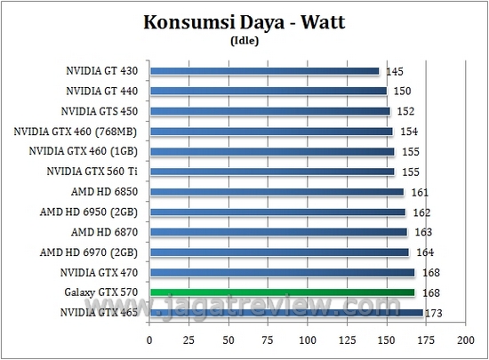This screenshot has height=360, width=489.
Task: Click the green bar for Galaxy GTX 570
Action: tap(283, 292)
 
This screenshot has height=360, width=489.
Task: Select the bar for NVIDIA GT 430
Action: tap(265, 70)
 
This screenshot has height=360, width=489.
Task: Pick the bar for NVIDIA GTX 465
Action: tap(286, 312)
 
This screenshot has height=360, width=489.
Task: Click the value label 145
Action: tap(394, 71)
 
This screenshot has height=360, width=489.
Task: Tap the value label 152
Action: tap(405, 111)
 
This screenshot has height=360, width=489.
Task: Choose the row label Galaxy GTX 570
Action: tap(104, 292)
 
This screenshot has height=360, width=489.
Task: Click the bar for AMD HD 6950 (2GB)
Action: tap(277, 212)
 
